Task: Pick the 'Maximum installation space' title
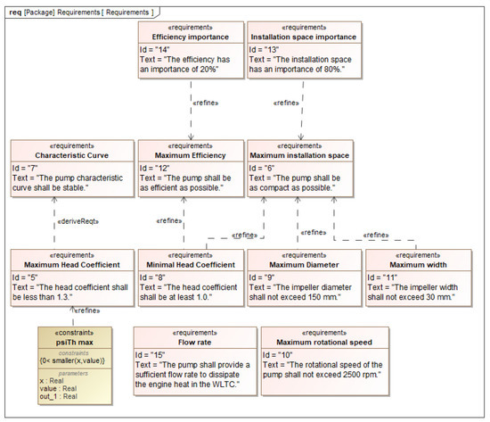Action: click(x=299, y=154)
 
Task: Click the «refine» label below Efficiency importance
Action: click(x=205, y=103)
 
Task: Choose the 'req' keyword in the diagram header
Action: click(x=15, y=12)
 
